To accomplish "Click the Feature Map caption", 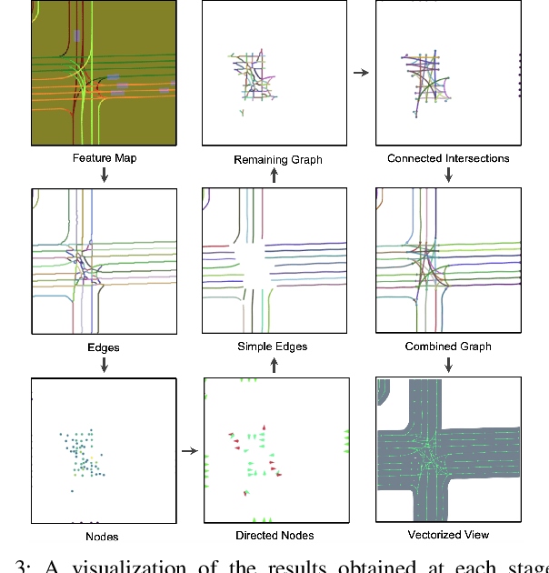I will (104, 158).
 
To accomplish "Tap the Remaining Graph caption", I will (278, 160).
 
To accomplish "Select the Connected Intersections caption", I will (448, 158).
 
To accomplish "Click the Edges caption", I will (104, 347).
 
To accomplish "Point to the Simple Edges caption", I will (273, 347).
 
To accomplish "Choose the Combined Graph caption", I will (448, 347).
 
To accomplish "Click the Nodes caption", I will (104, 537).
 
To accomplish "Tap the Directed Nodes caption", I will (274, 537).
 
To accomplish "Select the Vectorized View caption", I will (448, 535).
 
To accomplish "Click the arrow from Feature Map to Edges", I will (105, 176).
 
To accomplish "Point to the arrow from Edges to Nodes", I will (105, 364).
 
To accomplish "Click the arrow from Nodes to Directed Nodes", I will (189, 449).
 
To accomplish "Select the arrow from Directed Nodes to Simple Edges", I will (274, 364).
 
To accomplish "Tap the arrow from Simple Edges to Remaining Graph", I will (274, 176).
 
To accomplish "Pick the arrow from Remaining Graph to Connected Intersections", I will (361, 72).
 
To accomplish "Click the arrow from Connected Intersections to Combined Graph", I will (448, 176).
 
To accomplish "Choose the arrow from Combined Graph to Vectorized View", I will (448, 364).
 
